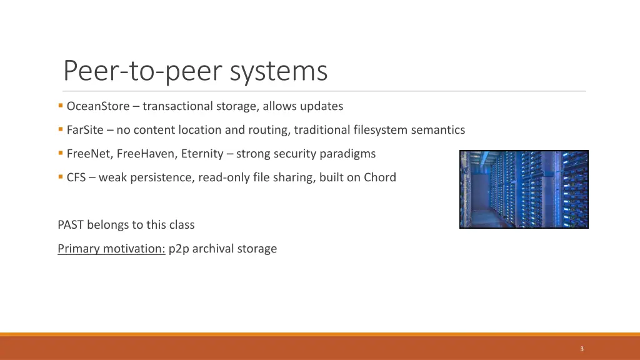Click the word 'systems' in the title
(279, 71)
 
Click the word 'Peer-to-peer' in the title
(144, 71)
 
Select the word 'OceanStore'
(98, 106)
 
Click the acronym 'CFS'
(77, 177)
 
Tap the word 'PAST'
(71, 225)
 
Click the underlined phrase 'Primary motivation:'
(111, 249)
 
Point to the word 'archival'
(213, 249)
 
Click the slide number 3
(581, 349)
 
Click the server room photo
(524, 189)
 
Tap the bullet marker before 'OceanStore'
(61, 106)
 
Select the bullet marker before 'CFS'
(61, 177)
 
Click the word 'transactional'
(177, 106)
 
